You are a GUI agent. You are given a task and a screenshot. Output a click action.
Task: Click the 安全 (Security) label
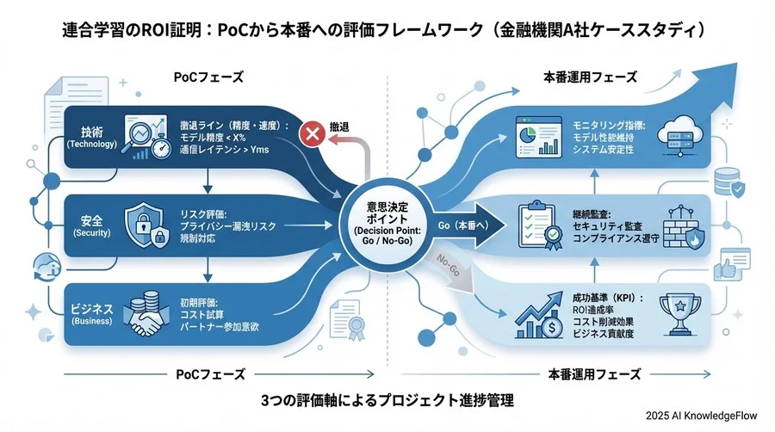92,225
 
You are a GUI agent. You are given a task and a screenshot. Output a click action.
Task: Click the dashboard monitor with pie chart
535,138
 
